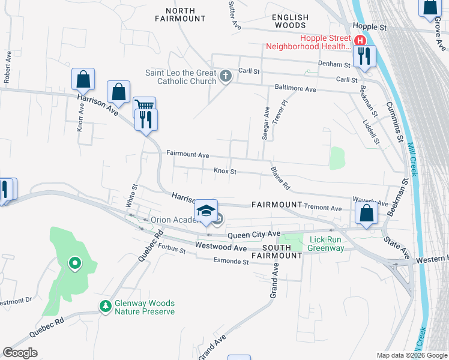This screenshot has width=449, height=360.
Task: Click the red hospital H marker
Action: (360, 41)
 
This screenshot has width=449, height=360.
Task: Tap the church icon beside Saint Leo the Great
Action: (225, 76)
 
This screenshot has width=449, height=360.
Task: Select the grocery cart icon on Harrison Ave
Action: (143, 106)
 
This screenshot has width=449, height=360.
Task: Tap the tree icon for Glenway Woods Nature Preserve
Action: (106, 306)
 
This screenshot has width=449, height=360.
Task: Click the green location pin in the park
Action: (74, 262)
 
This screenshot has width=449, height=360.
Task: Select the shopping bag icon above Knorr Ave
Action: (83, 79)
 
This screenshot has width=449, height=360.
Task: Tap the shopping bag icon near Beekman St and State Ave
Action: (366, 213)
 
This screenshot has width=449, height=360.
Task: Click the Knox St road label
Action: (225, 172)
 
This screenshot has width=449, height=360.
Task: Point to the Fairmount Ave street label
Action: (187, 155)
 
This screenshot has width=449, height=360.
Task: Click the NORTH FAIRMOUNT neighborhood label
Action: (180, 14)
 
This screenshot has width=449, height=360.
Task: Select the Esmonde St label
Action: (231, 261)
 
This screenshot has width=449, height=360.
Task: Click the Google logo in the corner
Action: (20, 353)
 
